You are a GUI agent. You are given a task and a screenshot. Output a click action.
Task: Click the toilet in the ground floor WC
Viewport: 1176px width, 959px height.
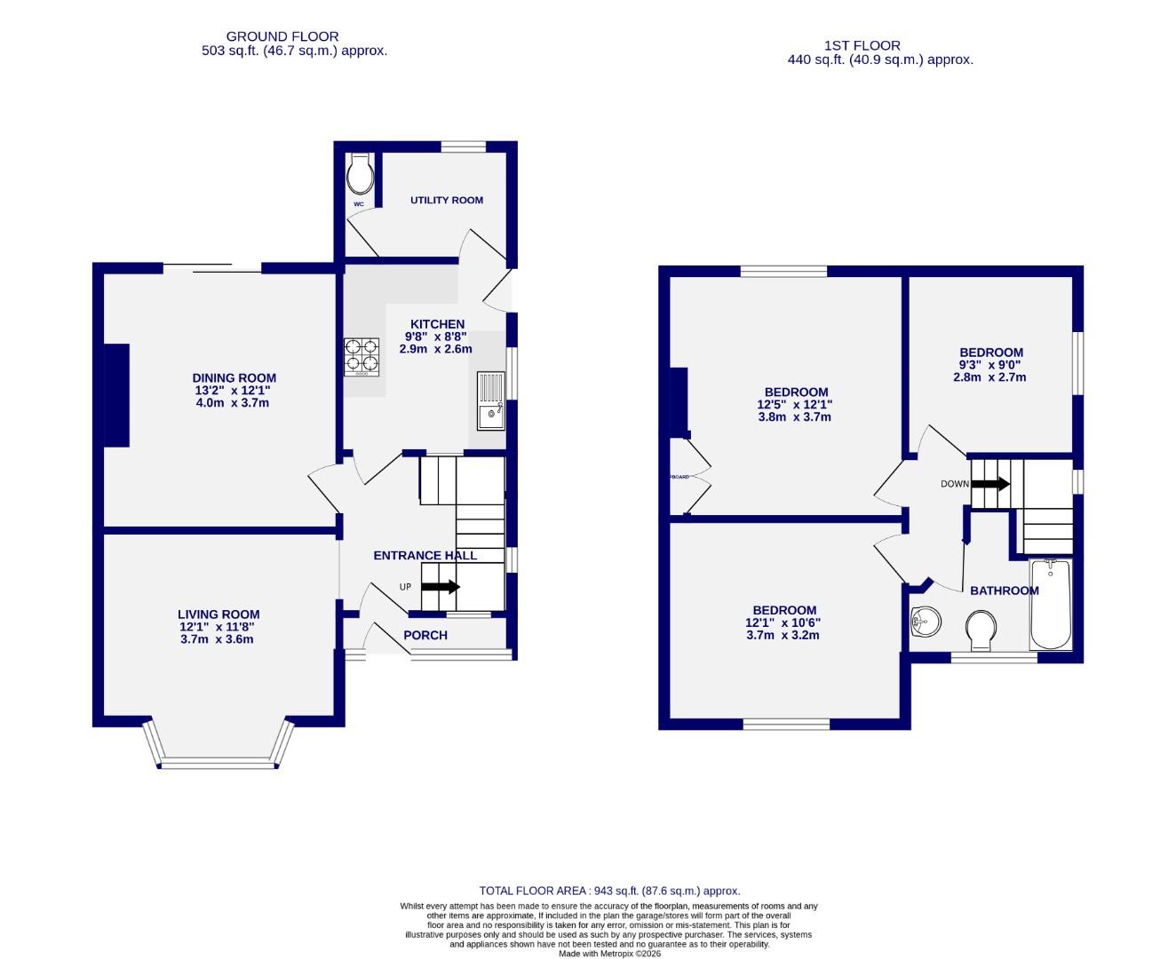pos(360,176)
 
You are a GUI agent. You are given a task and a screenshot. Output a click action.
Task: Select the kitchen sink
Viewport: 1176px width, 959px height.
pos(490,401)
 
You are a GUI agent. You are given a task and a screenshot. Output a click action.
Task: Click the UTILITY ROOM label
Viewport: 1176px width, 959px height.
pos(447,200)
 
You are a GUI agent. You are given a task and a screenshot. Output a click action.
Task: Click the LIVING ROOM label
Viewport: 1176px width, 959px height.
pos(219,614)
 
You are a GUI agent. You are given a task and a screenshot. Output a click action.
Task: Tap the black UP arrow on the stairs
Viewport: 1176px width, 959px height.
pos(440,587)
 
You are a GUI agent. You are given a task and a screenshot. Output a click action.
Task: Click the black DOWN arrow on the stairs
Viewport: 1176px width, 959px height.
pos(990,484)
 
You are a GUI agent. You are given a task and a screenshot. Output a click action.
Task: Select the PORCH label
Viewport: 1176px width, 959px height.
pos(425,635)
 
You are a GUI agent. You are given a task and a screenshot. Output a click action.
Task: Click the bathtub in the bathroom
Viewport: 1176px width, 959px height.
pos(1051,606)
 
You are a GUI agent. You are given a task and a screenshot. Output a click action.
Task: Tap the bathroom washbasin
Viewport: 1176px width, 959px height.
pos(926,621)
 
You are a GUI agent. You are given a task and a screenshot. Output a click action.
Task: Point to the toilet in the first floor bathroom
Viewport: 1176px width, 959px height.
pos(981,629)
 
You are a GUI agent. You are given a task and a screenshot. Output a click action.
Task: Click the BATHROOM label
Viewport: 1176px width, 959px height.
pos(1004,590)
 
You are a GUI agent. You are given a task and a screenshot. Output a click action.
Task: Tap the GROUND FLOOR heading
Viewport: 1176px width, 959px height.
pos(282,36)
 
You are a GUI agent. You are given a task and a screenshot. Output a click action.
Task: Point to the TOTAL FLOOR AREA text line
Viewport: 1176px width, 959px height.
pos(609,891)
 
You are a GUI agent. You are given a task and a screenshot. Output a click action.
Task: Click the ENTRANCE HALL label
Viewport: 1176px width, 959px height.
pos(425,556)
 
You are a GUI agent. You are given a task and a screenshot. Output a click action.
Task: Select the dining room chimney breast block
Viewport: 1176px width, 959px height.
pos(117,395)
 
